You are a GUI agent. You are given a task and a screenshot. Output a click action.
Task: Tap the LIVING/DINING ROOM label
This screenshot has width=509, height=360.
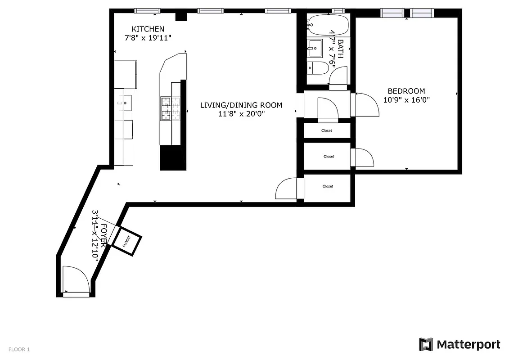241,105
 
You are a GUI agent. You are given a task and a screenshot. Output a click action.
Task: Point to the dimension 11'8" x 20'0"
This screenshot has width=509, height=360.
241,114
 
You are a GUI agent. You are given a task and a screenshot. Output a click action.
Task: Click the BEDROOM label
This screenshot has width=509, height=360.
406,91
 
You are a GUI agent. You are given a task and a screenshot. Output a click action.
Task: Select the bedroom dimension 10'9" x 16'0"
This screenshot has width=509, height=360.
406,100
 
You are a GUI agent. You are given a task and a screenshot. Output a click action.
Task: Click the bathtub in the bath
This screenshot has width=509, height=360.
328,25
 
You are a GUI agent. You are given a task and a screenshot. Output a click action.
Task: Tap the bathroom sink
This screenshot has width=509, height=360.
315,48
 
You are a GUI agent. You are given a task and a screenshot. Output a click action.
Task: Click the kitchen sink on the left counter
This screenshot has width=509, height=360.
124,103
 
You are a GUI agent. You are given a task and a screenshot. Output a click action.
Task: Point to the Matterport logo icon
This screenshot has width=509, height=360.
426,345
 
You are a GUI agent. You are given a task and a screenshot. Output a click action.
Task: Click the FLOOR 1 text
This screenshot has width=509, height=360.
19,349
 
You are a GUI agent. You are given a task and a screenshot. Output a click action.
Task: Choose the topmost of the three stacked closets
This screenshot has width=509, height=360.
327,130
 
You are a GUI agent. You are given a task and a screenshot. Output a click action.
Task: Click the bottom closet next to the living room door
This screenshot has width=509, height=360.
327,186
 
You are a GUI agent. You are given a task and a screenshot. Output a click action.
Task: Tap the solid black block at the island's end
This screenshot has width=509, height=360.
173,157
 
